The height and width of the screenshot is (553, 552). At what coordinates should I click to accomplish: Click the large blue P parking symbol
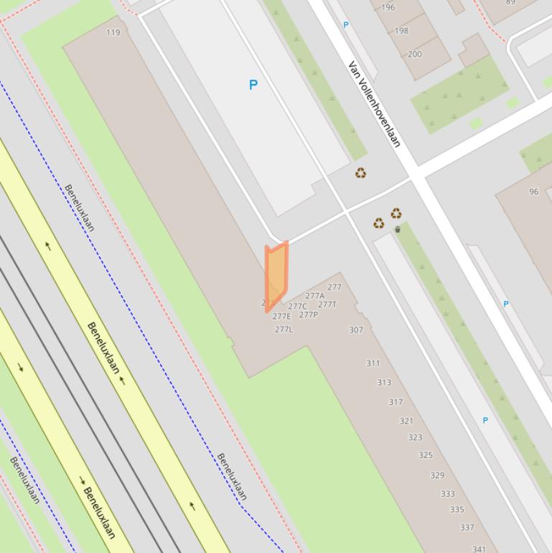click(253, 85)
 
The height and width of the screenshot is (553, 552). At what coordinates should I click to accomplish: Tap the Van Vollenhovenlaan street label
click(374, 103)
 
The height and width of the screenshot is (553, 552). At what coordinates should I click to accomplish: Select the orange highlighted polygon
click(276, 275)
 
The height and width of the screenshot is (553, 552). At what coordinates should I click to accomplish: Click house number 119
click(113, 32)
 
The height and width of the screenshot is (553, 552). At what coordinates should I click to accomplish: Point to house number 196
click(388, 8)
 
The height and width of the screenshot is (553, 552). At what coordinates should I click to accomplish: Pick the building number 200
click(415, 54)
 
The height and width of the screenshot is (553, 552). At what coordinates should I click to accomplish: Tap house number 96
click(533, 192)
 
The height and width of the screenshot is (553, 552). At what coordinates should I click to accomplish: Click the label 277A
click(314, 296)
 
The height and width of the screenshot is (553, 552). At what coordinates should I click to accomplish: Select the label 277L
click(284, 330)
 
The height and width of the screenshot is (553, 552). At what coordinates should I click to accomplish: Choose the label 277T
click(327, 305)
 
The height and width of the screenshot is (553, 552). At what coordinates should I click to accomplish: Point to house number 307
click(356, 330)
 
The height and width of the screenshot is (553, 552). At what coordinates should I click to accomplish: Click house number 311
click(373, 363)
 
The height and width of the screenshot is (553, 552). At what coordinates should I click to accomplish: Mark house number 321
click(406, 421)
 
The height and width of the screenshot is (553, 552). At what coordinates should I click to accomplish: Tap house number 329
click(437, 475)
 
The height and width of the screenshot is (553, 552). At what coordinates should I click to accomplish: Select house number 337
click(467, 527)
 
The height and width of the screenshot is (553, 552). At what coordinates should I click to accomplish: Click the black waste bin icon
click(398, 230)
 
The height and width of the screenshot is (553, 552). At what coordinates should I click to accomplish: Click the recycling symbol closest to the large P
click(360, 172)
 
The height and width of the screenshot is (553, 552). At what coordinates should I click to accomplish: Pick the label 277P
click(308, 315)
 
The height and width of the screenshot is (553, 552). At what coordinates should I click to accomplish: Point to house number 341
click(479, 549)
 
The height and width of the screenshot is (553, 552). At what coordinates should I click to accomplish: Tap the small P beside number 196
click(346, 25)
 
